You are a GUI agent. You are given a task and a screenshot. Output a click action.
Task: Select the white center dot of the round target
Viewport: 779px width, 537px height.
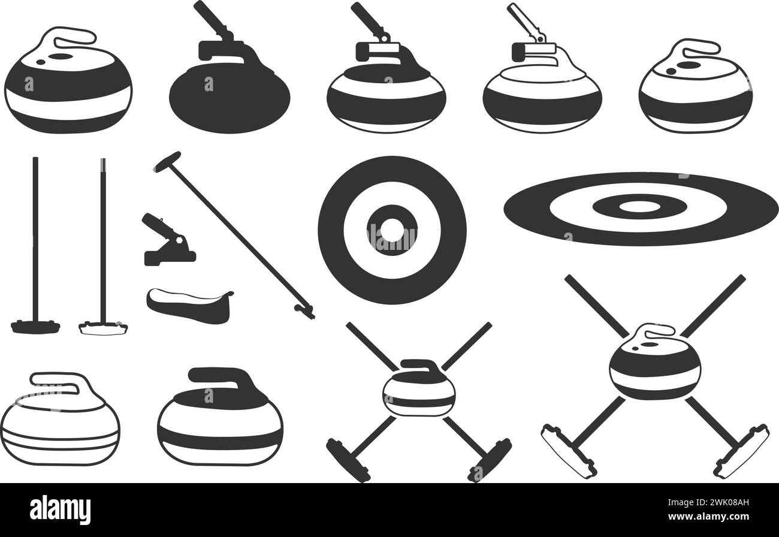coord(392,229)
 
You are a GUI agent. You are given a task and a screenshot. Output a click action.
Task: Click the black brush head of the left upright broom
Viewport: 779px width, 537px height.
coord(35,327)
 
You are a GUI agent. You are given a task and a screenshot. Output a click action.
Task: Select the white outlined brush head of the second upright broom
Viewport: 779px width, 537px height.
coord(103,328)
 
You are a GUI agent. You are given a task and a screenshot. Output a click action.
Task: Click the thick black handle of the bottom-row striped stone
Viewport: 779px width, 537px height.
coord(222,376)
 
